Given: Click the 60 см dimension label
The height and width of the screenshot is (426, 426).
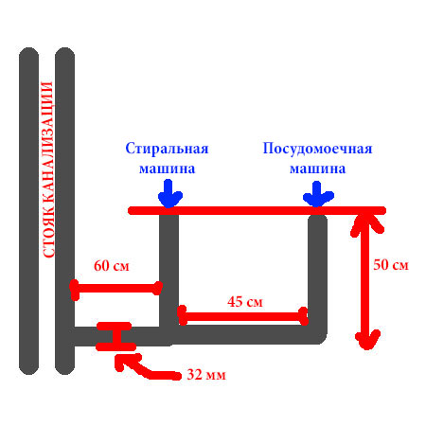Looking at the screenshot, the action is click(x=112, y=266).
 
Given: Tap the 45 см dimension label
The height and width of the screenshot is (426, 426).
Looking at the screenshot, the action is click(x=245, y=302).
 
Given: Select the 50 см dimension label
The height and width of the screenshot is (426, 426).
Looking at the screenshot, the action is click(x=391, y=265).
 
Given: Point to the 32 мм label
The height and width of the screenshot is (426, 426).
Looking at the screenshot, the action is click(x=206, y=375).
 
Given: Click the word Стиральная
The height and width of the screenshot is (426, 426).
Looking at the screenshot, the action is click(x=167, y=149).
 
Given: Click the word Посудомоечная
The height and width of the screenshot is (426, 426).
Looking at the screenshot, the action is click(x=317, y=149).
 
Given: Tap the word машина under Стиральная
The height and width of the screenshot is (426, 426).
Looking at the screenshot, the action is click(x=167, y=169).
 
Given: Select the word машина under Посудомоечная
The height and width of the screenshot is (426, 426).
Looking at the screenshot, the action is click(x=317, y=169).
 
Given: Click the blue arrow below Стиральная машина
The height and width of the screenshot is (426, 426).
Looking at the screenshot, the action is click(x=169, y=194).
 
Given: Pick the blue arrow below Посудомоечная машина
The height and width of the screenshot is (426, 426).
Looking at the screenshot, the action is click(x=318, y=194).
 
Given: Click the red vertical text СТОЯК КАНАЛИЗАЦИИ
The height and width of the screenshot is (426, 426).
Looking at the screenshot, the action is click(x=47, y=169).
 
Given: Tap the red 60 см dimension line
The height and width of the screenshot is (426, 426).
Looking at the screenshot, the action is click(x=116, y=289).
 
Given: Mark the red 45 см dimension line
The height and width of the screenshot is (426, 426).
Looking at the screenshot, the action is click(x=242, y=316).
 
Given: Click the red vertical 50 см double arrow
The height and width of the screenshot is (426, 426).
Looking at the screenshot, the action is click(x=366, y=281).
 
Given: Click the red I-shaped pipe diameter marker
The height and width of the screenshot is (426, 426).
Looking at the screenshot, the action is click(x=115, y=336).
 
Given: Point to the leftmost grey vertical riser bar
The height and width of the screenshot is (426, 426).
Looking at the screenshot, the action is click(x=28, y=211).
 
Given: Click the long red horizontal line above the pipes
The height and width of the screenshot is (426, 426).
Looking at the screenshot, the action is click(x=257, y=210).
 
